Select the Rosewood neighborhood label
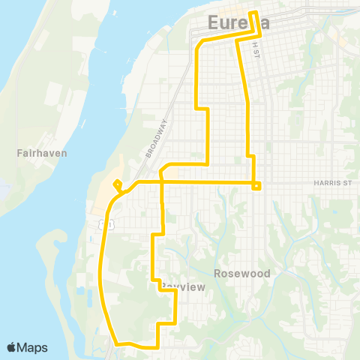click(241, 274)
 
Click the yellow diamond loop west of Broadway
click(117, 184)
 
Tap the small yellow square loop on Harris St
click(256, 186)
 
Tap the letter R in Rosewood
click(217, 274)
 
